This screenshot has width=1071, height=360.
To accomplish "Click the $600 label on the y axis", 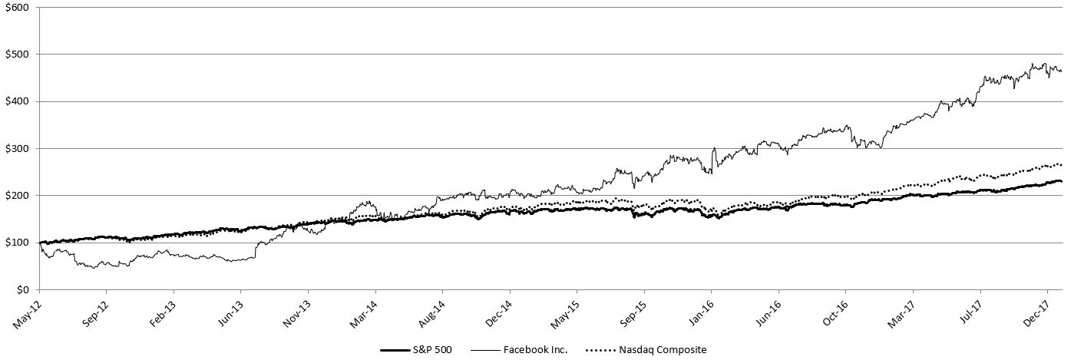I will (16, 8).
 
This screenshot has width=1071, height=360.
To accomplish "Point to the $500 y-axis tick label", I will (16, 54).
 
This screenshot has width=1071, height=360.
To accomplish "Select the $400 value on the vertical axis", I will (16, 101).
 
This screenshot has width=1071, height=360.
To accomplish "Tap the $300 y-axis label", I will (16, 148).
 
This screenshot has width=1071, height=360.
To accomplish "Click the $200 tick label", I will (16, 196).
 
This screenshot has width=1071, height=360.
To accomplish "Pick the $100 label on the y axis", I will (16, 243).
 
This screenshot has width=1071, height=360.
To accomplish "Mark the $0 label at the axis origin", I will (21, 289).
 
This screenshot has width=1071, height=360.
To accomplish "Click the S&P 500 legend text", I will (432, 350).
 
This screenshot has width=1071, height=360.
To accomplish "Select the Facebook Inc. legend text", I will (535, 350).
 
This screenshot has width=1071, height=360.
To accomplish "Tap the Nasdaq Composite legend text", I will (663, 350).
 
